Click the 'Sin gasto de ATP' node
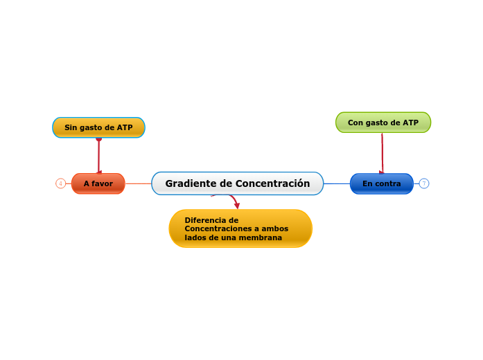[98, 127]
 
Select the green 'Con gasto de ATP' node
[383, 123]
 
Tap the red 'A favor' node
[98, 183]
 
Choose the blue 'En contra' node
[381, 183]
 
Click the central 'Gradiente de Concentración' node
[237, 183]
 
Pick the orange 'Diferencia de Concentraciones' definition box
[240, 228]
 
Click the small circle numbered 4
[60, 183]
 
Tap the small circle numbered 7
[424, 183]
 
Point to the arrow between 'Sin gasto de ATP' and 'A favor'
[99, 156]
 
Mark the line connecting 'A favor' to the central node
[138, 183]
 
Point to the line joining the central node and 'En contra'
[337, 183]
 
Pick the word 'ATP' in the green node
[410, 123]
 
